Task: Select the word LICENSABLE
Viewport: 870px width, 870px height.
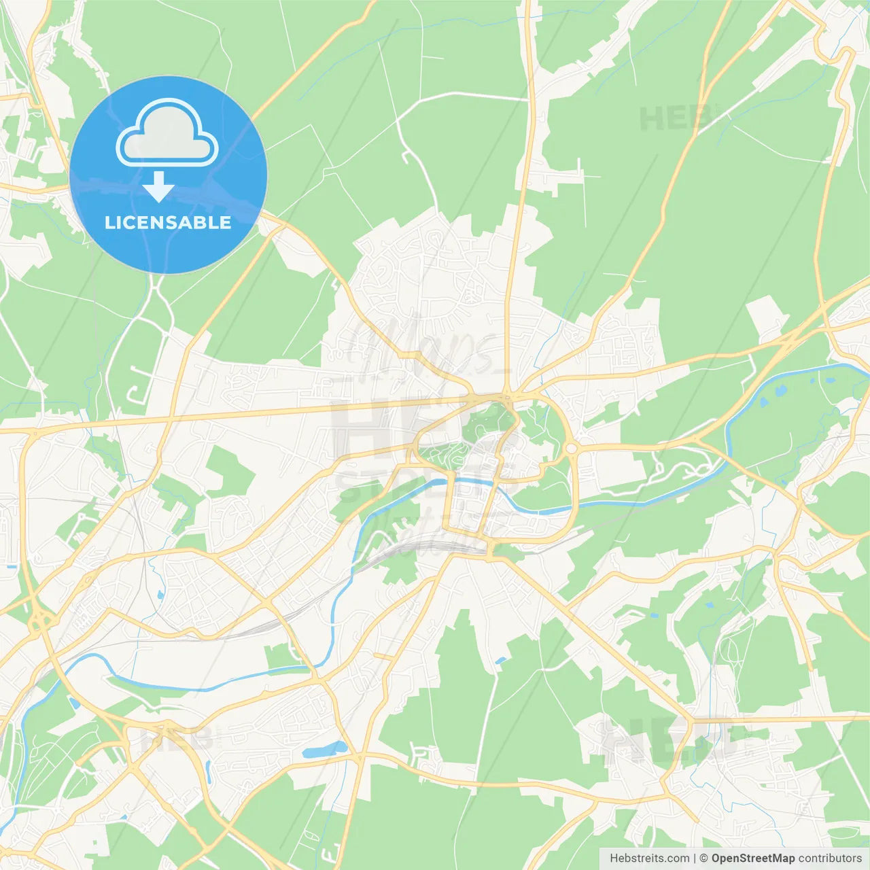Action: pyautogui.click(x=168, y=222)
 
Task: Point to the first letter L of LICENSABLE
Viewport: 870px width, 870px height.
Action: pyautogui.click(x=109, y=222)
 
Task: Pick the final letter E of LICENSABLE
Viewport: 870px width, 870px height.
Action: pyautogui.click(x=226, y=222)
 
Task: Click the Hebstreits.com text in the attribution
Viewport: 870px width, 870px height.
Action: pyautogui.click(x=649, y=858)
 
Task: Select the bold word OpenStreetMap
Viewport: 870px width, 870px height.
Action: pyautogui.click(x=752, y=858)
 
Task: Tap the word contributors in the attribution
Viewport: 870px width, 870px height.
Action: pyautogui.click(x=830, y=858)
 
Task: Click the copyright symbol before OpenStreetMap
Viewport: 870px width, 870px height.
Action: pyautogui.click(x=704, y=858)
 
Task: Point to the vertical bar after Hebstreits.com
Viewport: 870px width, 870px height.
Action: pyautogui.click(x=695, y=858)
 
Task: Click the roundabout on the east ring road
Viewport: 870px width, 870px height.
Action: pyautogui.click(x=571, y=448)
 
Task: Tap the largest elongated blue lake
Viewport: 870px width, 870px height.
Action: pyautogui.click(x=324, y=750)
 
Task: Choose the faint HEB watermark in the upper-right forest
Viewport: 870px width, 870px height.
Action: pyautogui.click(x=673, y=119)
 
